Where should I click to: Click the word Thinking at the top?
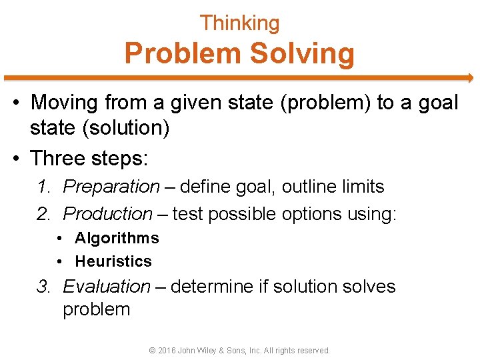(x=239, y=23)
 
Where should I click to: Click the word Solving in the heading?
(x=301, y=53)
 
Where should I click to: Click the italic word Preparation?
(x=111, y=187)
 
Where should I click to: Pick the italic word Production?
(x=108, y=214)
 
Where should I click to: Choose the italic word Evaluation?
(x=107, y=287)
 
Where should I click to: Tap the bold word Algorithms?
(x=117, y=238)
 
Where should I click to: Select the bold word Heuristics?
(x=113, y=261)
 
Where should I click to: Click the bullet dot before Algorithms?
(x=60, y=239)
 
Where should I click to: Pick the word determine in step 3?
(x=204, y=287)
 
